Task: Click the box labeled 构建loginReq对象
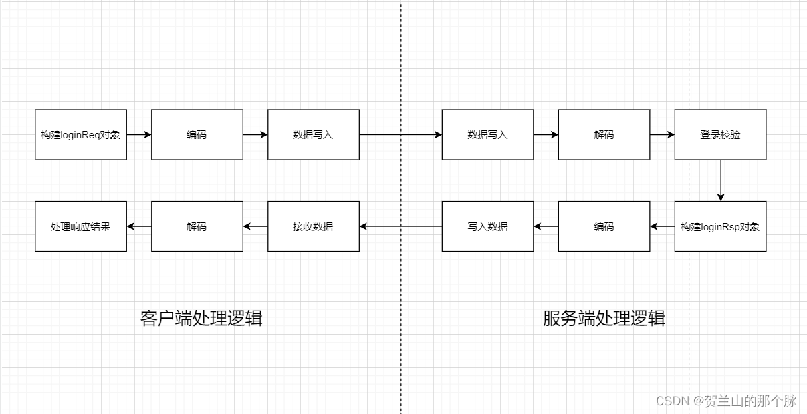(80, 134)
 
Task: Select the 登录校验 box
(720, 134)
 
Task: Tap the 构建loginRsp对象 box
(720, 226)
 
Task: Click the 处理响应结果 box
(80, 226)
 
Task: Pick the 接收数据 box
(313, 226)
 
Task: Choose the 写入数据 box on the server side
(487, 226)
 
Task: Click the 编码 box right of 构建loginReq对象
(197, 134)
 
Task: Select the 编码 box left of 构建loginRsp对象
(604, 226)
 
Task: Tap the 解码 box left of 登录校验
(604, 134)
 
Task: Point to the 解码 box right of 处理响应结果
(197, 226)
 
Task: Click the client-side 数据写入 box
(313, 134)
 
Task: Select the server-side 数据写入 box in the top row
(487, 134)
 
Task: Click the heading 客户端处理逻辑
(201, 318)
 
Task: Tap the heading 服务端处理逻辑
(604, 318)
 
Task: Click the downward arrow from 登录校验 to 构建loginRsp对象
(720, 180)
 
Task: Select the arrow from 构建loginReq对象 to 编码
(139, 134)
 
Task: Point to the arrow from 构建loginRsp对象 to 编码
(662, 226)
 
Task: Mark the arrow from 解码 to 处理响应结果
(139, 226)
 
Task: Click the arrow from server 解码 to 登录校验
(662, 134)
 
